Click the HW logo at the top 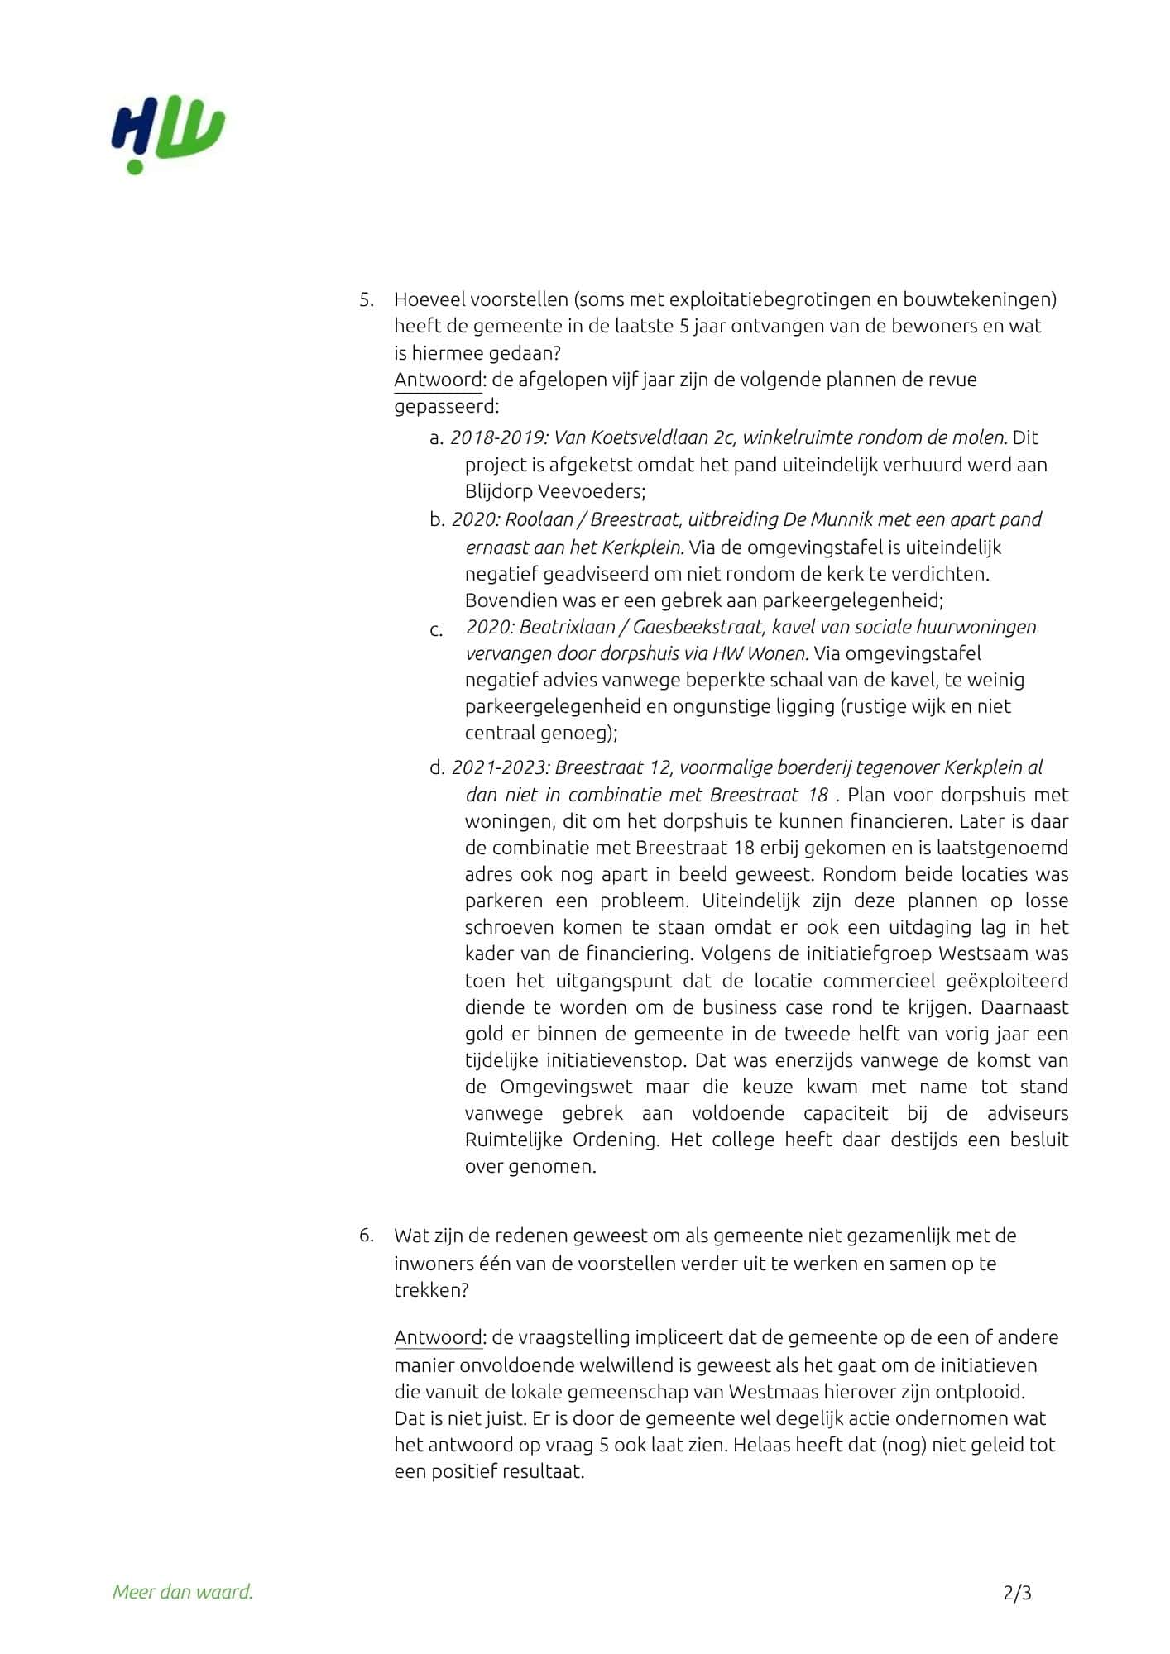[x=169, y=136]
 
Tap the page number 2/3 [x=1017, y=1591]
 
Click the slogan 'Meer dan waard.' [x=183, y=1591]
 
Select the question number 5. [x=366, y=299]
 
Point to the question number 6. [x=366, y=1236]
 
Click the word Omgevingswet [x=566, y=1087]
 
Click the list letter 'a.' [x=437, y=437]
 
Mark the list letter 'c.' [x=437, y=630]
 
